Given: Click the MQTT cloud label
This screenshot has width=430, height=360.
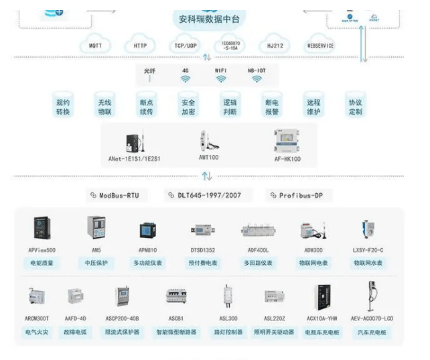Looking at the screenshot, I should pyautogui.click(x=96, y=46).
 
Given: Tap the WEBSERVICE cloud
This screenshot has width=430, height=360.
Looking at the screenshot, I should pyautogui.click(x=320, y=46).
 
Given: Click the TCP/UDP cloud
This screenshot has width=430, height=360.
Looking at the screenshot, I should pyautogui.click(x=185, y=46).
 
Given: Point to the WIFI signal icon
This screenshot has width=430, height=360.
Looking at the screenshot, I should pyautogui.click(x=221, y=79).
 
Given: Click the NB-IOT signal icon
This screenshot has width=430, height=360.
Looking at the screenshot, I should pyautogui.click(x=257, y=79).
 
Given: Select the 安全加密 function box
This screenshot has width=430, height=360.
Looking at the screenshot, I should pyautogui.click(x=188, y=107).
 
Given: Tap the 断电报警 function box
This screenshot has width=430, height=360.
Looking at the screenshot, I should pyautogui.click(x=272, y=107).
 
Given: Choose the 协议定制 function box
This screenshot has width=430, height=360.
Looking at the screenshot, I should pyautogui.click(x=355, y=107).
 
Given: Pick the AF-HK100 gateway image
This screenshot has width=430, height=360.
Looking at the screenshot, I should pyautogui.click(x=287, y=141).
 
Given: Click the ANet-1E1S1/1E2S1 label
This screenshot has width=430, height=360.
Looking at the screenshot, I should pyautogui.click(x=135, y=159).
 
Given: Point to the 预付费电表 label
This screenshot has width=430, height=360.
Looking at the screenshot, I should pyautogui.click(x=202, y=263).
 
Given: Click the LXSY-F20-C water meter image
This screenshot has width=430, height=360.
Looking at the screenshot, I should pyautogui.click(x=367, y=230).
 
